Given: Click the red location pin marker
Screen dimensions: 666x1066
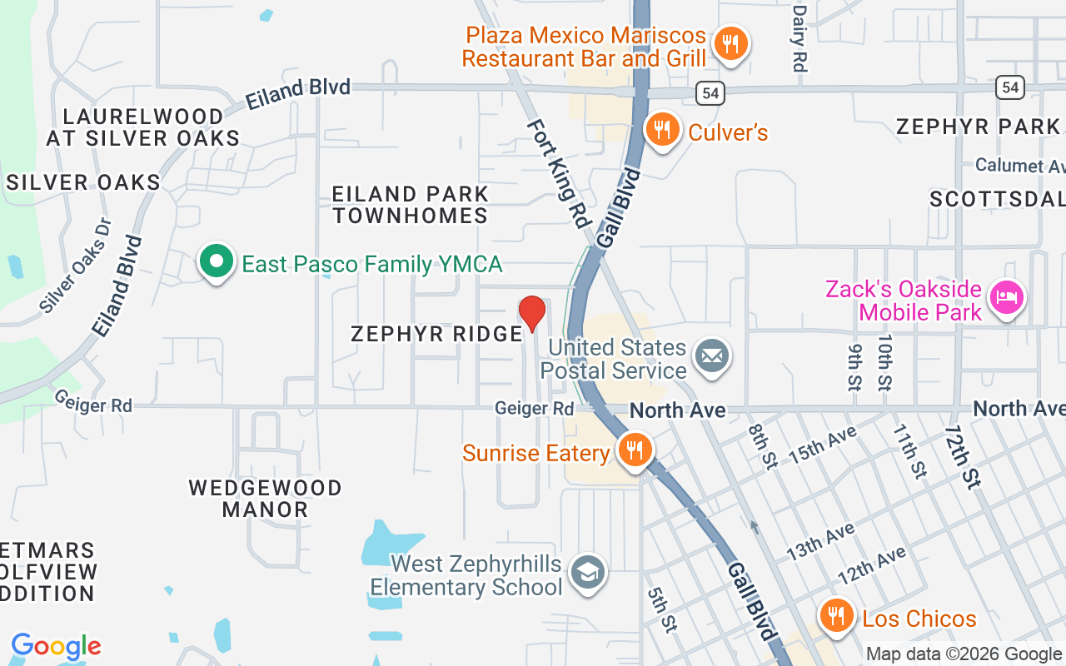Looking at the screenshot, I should pyautogui.click(x=531, y=314).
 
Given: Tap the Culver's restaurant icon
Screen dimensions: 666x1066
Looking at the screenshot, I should pyautogui.click(x=662, y=131).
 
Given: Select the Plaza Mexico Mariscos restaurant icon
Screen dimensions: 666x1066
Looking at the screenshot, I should pyautogui.click(x=730, y=43).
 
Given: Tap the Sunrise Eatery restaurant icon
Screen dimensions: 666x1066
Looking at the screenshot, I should pyautogui.click(x=635, y=450).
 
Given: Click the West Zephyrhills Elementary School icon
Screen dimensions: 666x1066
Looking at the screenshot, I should pyautogui.click(x=588, y=573).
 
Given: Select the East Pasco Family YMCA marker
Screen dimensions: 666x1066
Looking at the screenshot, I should pyautogui.click(x=217, y=262).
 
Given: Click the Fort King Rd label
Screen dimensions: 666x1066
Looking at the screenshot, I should pyautogui.click(x=559, y=173).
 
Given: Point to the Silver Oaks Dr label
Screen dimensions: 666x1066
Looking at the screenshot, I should pyautogui.click(x=76, y=265).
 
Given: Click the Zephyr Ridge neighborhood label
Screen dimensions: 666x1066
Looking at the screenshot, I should pyautogui.click(x=436, y=334).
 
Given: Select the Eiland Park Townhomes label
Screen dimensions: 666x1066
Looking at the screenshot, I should pyautogui.click(x=410, y=205).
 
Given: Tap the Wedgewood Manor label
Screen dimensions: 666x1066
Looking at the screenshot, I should pyautogui.click(x=265, y=498).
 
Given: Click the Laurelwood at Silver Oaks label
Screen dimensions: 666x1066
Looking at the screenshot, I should pyautogui.click(x=143, y=127).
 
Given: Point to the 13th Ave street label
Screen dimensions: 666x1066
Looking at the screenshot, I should pyautogui.click(x=821, y=540).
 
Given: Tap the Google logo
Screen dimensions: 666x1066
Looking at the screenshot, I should pyautogui.click(x=56, y=646).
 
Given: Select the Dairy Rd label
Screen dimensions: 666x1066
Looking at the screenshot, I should pyautogui.click(x=799, y=38).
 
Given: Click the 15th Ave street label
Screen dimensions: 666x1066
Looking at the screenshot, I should pyautogui.click(x=823, y=445).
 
